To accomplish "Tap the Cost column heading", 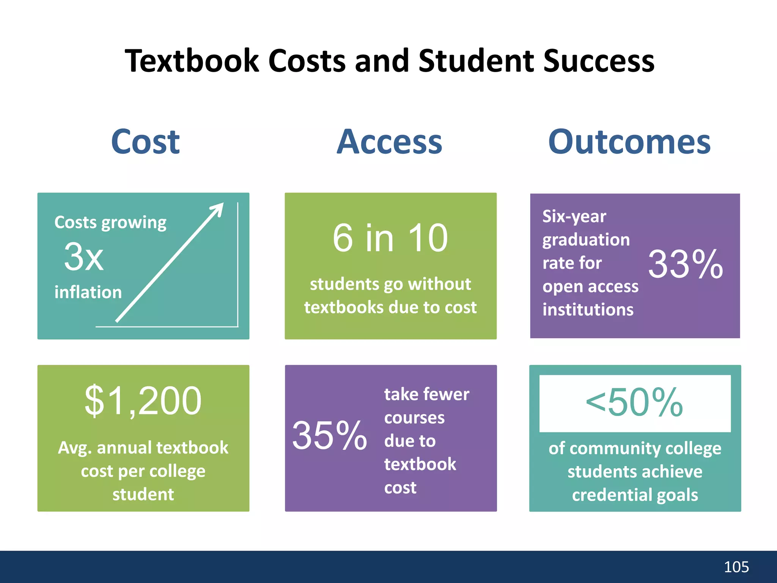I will point(145,142).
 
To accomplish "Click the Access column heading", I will point(389,142).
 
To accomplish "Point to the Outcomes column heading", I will point(629,142).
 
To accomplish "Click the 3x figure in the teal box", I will point(83,257).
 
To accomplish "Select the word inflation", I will point(88,292).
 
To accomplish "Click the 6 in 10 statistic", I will point(390,238).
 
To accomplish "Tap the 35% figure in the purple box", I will point(329,436).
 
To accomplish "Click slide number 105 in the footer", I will point(736,567).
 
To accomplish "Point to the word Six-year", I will point(574,216).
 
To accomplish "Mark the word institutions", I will point(588,310).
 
